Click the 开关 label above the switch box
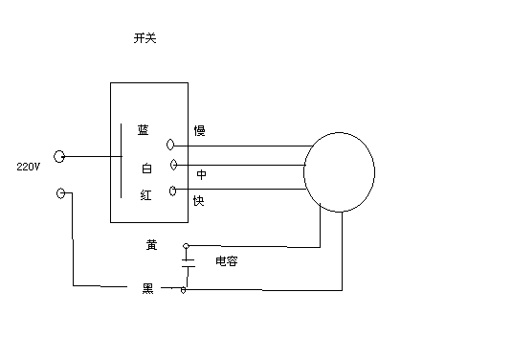tap(145, 39)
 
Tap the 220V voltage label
tap(28, 167)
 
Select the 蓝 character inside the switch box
tap(144, 130)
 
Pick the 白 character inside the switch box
tap(146, 169)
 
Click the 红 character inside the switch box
tap(145, 194)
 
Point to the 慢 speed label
tap(199, 130)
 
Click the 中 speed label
tap(202, 175)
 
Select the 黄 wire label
tap(151, 244)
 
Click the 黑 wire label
tap(148, 287)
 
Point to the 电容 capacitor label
tap(226, 260)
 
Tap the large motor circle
tap(339, 172)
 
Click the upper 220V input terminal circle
tap(59, 156)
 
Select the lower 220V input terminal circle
tap(64, 193)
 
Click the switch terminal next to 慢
tap(172, 145)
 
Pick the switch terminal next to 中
tap(172, 165)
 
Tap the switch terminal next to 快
tap(172, 191)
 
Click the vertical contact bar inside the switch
tap(121, 161)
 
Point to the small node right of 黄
tap(185, 245)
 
